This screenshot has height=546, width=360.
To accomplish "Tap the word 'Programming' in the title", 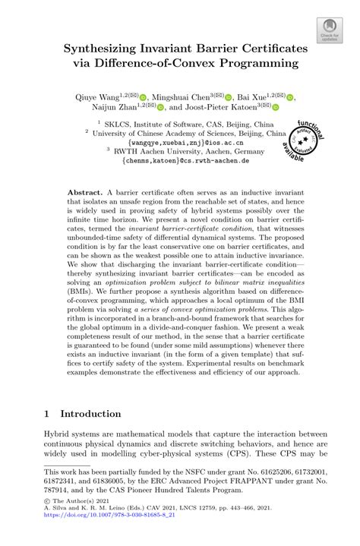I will (257, 63).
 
